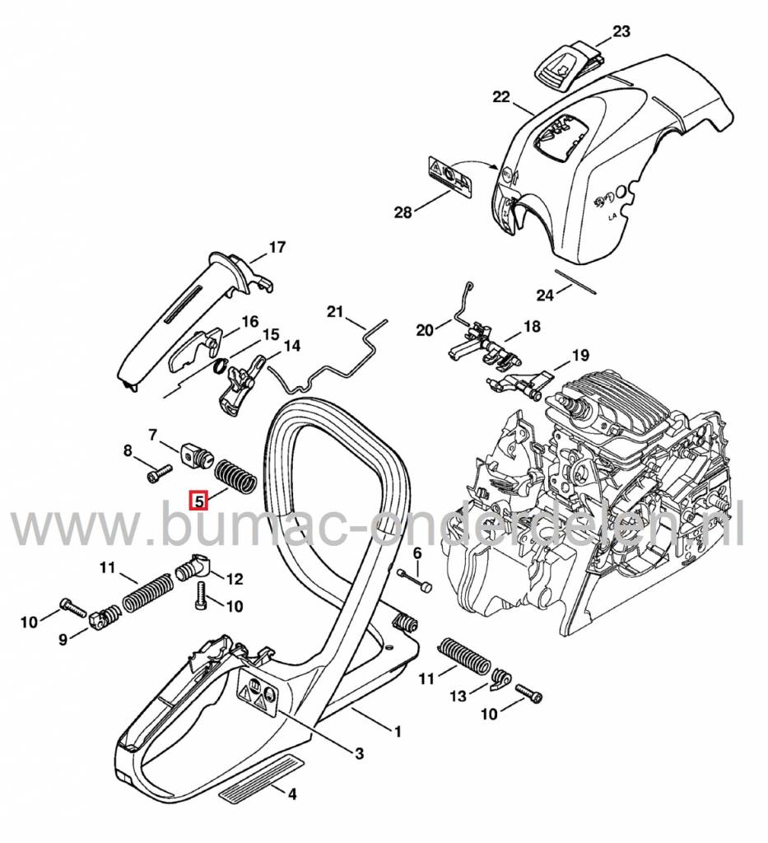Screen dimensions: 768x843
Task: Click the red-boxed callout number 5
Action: coord(199,501)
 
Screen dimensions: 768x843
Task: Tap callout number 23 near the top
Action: coord(621,31)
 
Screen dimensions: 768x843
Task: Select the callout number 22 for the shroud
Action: coord(501,97)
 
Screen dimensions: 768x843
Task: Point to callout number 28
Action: coord(403,212)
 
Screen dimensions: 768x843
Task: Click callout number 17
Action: coord(277,247)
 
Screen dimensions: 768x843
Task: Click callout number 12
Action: coord(235,579)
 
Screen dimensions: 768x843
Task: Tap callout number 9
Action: coord(63,640)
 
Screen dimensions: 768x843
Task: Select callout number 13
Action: coord(458,696)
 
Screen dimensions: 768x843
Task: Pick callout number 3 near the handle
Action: coord(360,753)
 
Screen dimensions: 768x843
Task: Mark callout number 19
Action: coord(580,356)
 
